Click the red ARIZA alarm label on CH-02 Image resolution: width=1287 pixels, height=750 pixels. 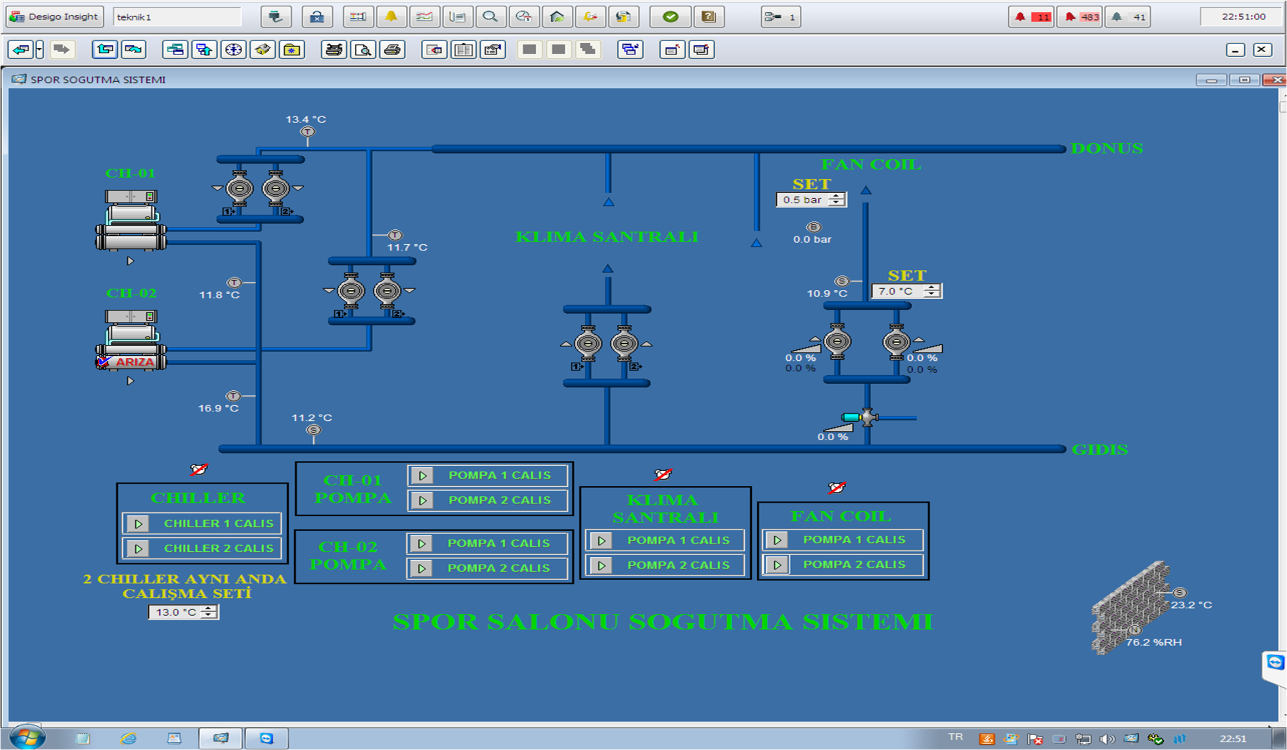click(134, 362)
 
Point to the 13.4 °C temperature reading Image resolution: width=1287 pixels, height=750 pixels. click(305, 119)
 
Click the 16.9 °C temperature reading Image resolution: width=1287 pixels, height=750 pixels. click(218, 409)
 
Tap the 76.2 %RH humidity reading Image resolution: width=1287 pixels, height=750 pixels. click(1154, 642)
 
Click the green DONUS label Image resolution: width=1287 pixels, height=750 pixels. click(1107, 149)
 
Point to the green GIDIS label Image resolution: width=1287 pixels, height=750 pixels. click(1099, 450)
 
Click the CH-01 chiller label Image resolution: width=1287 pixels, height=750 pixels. click(130, 173)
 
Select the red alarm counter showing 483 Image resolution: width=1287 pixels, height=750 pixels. click(1080, 17)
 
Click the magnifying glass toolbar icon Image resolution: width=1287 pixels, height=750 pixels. click(490, 17)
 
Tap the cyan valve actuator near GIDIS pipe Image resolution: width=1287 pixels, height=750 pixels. click(851, 417)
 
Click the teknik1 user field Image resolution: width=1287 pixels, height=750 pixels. click(177, 17)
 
